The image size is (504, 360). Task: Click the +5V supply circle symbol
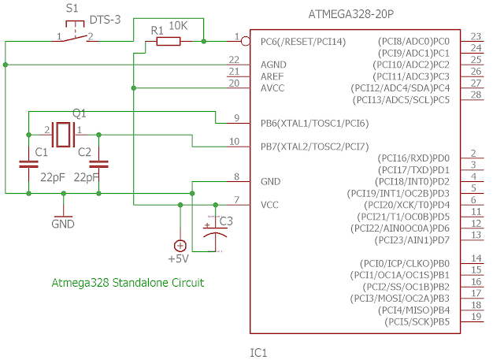[180, 245]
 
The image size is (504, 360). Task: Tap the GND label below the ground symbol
[63, 225]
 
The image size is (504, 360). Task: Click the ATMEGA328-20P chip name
[350, 13]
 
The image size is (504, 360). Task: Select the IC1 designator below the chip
[259, 352]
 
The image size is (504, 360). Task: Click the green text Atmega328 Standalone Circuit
[128, 283]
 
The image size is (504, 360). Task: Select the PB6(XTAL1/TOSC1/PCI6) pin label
[314, 124]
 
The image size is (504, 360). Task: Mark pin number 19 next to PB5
[475, 317]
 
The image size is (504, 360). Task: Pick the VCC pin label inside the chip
[270, 204]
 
